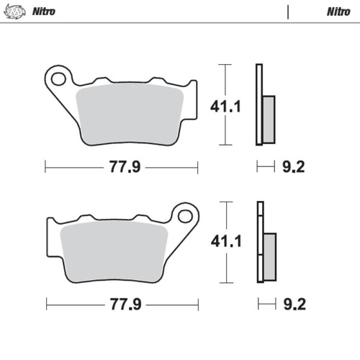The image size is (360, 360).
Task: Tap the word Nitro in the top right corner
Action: (x=338, y=12)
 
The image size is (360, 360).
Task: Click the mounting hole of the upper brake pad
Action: (x=60, y=76)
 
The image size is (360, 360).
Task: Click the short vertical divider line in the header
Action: (x=288, y=12)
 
